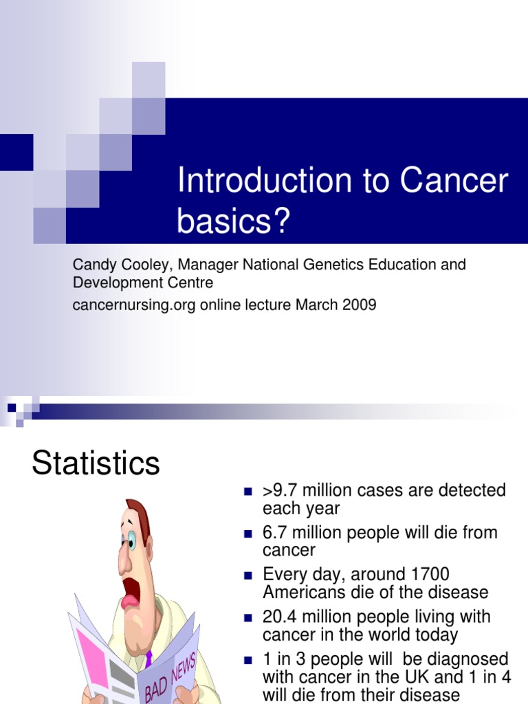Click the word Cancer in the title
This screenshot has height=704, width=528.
click(x=454, y=181)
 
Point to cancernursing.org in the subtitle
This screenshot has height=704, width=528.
click(x=135, y=305)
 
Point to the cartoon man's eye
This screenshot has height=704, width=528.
click(x=131, y=540)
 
